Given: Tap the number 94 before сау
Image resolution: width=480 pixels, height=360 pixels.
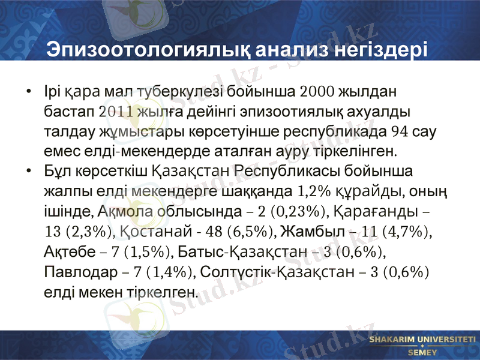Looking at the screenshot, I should coord(400,132).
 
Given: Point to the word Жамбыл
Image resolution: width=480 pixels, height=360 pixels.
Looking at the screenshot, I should coord(307,232).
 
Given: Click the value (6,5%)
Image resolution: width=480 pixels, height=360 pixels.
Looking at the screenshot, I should coord(253,232).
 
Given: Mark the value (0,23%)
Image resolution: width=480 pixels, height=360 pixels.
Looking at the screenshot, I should coord(298,212).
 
